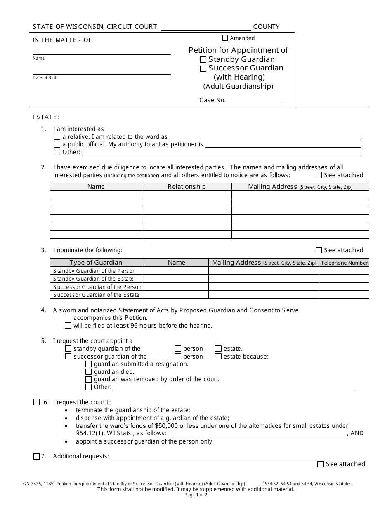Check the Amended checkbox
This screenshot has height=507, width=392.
coord(225,38)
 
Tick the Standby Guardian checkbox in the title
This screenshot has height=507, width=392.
coord(203,60)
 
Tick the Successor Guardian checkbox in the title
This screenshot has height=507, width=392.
coord(203,69)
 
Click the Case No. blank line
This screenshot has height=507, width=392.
coord(255,100)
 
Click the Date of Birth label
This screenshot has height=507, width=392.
coord(45,78)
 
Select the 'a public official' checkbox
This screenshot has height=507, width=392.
coord(57,144)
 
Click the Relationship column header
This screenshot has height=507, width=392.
coord(187,187)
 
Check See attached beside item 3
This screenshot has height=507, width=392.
coord(319,250)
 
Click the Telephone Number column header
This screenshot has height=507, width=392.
coord(344,263)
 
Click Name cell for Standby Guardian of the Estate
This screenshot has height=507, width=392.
coord(175,279)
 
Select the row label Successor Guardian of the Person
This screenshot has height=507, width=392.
coord(97,287)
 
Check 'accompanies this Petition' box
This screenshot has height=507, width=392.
coord(68,318)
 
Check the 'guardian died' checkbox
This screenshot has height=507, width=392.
coord(88,372)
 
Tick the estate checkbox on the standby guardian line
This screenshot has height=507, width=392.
coord(218,349)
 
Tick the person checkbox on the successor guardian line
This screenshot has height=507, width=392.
coord(178,357)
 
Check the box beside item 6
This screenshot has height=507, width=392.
coord(36,402)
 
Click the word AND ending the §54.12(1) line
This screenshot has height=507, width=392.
coord(357,433)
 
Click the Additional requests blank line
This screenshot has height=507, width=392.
coord(234,456)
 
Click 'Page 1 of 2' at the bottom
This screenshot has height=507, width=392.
coord(196,495)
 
